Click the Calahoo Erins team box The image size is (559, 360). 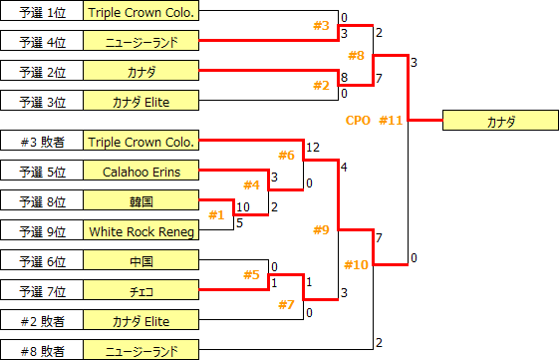[x=141, y=172]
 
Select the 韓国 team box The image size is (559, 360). [x=141, y=200]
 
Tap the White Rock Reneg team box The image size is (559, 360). [x=141, y=230]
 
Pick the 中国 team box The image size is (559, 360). [x=141, y=261]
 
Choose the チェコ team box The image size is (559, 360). [x=141, y=290]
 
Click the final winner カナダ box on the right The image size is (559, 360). [x=500, y=121]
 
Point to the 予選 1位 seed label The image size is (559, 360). [x=42, y=12]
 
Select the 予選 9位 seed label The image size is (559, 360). [x=42, y=230]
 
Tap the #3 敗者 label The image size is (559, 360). [x=42, y=142]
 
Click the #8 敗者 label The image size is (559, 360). [x=42, y=350]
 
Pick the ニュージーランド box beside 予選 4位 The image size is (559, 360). [x=141, y=42]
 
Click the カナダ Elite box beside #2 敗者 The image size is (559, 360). [x=141, y=320]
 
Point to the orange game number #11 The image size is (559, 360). [x=391, y=121]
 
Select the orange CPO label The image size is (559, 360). [x=358, y=121]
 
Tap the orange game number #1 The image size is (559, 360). [x=216, y=214]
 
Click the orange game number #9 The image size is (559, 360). [x=320, y=230]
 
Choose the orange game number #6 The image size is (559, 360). [x=286, y=155]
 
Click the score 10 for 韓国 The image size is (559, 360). [x=244, y=206]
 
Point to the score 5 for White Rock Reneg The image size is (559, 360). [x=239, y=223]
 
